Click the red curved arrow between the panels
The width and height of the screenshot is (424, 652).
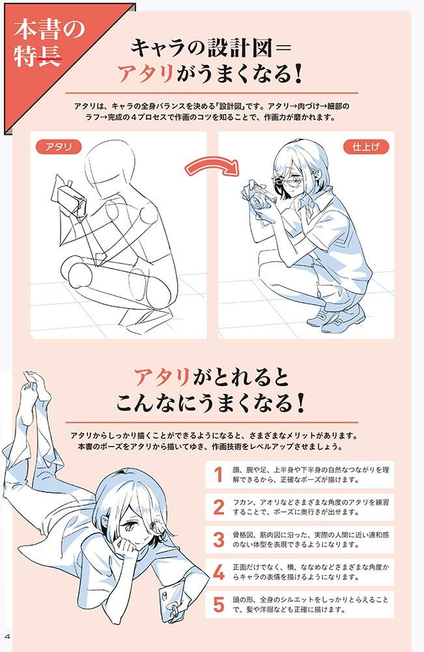point(212,162)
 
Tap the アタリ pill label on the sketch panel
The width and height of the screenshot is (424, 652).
point(59,147)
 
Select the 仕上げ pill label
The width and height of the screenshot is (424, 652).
point(366,147)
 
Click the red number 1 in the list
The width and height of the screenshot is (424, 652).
point(218,475)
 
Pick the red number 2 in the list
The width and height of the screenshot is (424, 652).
point(219,507)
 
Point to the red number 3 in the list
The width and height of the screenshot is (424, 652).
point(219,539)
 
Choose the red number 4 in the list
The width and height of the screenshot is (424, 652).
point(219,572)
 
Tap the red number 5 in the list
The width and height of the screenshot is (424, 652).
point(219,604)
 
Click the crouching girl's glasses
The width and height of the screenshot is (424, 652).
point(289,181)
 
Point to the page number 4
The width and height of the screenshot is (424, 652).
point(7,636)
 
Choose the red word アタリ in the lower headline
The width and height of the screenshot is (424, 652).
point(162,377)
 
